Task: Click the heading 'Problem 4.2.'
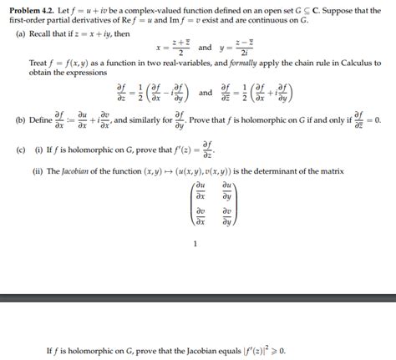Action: tap(33, 10)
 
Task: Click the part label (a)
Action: tap(20, 34)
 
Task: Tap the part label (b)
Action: tap(20, 120)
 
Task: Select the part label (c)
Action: tap(20, 154)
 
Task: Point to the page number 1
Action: tap(194, 245)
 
